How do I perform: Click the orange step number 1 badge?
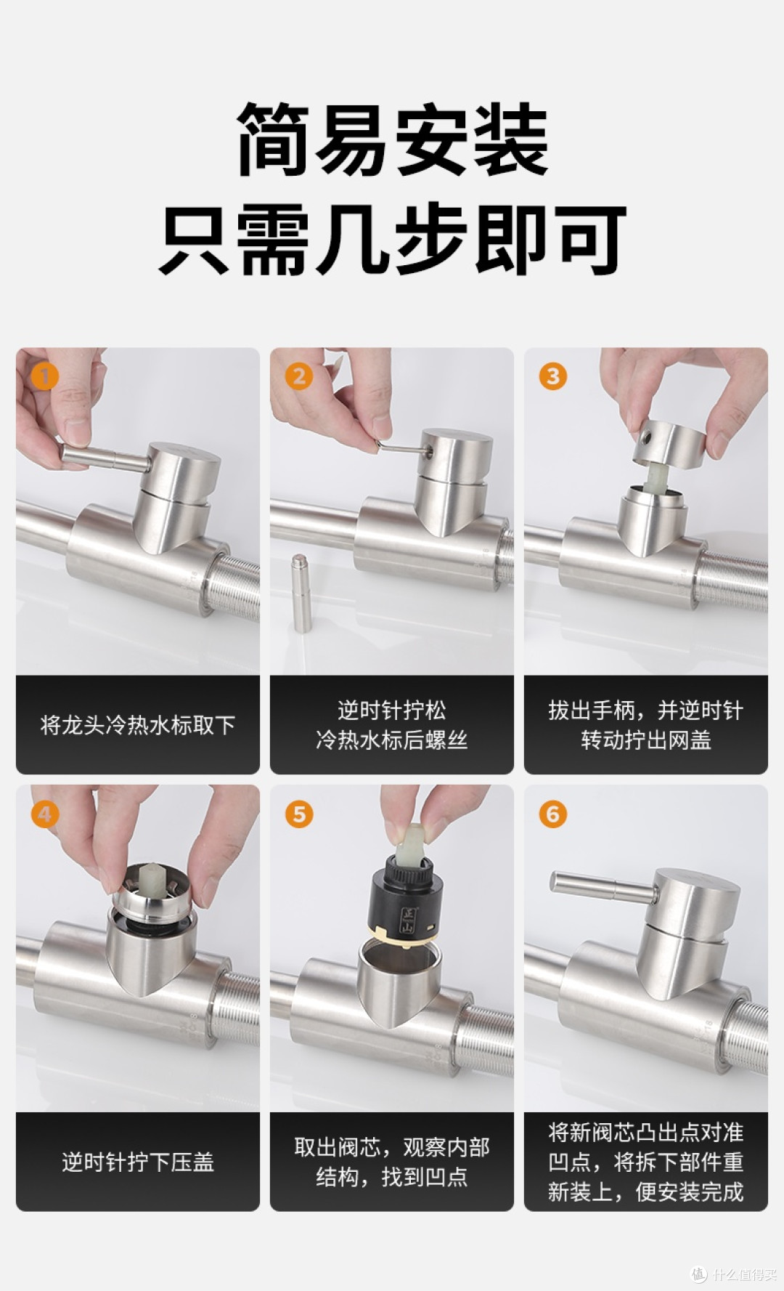(x=44, y=376)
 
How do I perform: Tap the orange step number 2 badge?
(x=298, y=376)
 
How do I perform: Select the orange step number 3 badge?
(x=552, y=376)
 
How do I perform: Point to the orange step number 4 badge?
(x=44, y=814)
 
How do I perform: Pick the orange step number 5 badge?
(x=298, y=814)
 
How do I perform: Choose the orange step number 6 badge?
(x=552, y=814)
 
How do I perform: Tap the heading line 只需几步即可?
(x=392, y=239)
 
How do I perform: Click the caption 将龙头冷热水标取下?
(x=138, y=725)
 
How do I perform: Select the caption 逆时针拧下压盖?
(x=138, y=1162)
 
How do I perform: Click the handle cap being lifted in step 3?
(x=669, y=442)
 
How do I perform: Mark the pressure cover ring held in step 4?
(x=153, y=890)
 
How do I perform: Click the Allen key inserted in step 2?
(x=404, y=448)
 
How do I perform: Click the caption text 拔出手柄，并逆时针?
(x=646, y=710)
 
